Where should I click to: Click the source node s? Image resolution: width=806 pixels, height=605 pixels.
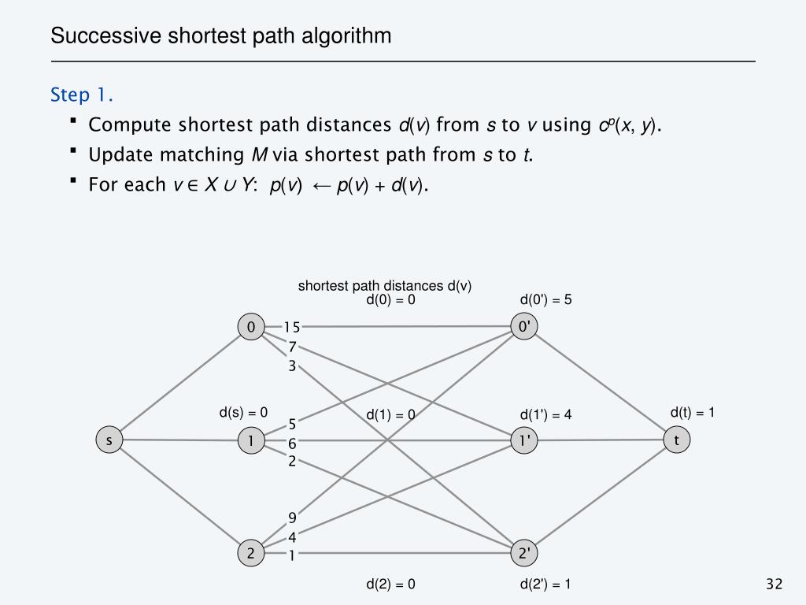point(109,440)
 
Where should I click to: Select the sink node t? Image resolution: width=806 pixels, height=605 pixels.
point(676,440)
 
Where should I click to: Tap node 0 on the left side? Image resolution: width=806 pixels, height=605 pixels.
point(251,327)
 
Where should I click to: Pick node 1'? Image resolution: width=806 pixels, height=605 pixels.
point(523,440)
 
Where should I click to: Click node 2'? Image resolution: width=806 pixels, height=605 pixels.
point(523,554)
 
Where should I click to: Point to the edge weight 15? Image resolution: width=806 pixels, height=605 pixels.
point(292,327)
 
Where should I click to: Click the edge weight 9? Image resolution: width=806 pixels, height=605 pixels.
point(292,518)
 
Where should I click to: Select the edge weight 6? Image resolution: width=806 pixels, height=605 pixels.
point(292,444)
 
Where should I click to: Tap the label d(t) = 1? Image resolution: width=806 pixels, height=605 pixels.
point(692,412)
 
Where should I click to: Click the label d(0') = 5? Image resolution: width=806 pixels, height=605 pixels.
point(545,299)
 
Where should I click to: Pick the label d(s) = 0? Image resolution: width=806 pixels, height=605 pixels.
point(243,412)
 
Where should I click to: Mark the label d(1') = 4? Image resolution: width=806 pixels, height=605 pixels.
point(545,415)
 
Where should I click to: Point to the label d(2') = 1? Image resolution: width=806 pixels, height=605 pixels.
point(545,584)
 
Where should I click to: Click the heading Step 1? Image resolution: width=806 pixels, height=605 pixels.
point(82,95)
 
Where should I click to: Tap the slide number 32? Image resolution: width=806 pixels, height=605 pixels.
point(774,584)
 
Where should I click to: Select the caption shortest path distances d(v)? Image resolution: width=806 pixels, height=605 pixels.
point(384,286)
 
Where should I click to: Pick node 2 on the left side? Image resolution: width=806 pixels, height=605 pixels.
point(251,554)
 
